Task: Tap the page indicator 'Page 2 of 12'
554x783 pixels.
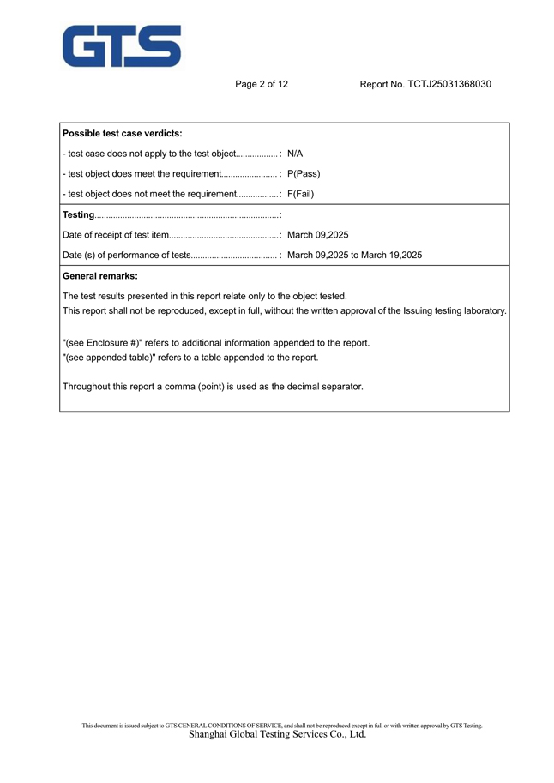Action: (x=262, y=84)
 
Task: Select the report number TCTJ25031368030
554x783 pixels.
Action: (x=449, y=84)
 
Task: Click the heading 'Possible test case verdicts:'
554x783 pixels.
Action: (x=123, y=134)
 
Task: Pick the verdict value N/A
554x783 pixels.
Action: (x=295, y=154)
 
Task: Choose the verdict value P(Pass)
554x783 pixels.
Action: (x=304, y=173)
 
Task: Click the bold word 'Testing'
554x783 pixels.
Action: (x=78, y=214)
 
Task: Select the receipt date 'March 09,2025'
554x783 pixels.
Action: (x=317, y=234)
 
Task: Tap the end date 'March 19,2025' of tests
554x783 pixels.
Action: (x=392, y=255)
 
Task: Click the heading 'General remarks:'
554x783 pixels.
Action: (x=99, y=276)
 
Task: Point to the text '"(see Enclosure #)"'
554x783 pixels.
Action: (x=102, y=343)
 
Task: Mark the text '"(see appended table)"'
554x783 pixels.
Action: (x=107, y=358)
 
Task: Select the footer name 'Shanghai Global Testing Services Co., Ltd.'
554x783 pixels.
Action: (x=277, y=734)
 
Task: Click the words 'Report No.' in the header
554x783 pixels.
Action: (x=382, y=84)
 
